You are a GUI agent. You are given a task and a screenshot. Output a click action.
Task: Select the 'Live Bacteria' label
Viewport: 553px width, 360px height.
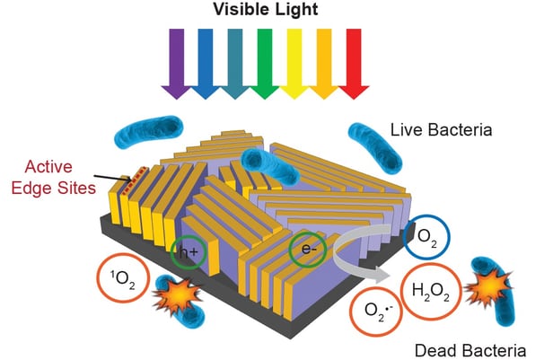click(442, 130)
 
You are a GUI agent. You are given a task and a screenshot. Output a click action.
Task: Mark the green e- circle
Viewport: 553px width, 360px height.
click(306, 249)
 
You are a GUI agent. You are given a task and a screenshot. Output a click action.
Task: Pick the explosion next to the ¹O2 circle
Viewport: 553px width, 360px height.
click(176, 296)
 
